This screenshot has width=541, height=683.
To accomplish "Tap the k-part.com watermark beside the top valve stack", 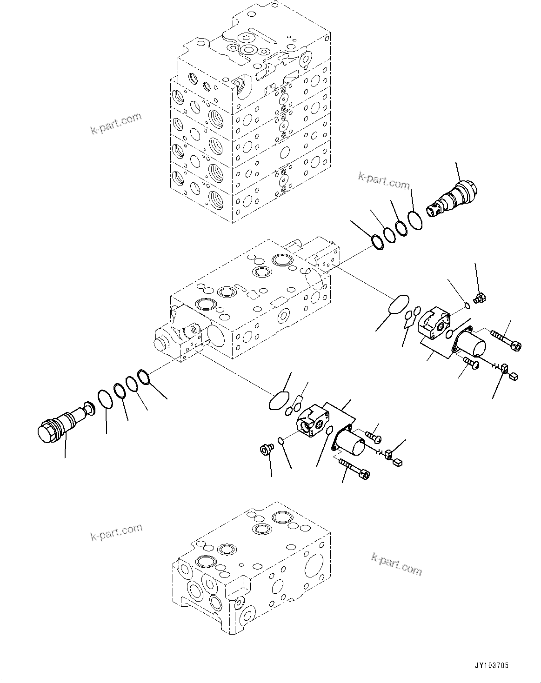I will [x=116, y=123].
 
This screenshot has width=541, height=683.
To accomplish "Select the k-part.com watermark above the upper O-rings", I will [x=384, y=181].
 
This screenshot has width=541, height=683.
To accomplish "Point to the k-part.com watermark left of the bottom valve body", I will [x=116, y=533].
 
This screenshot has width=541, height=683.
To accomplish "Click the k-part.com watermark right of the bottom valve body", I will [x=397, y=564].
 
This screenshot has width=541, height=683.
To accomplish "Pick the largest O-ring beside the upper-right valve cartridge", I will [x=415, y=220].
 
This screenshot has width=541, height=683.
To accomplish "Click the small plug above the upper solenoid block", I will [x=479, y=300].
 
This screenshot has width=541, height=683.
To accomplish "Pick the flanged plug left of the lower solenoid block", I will [x=266, y=450].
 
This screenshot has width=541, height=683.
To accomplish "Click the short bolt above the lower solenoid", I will [x=373, y=436].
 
